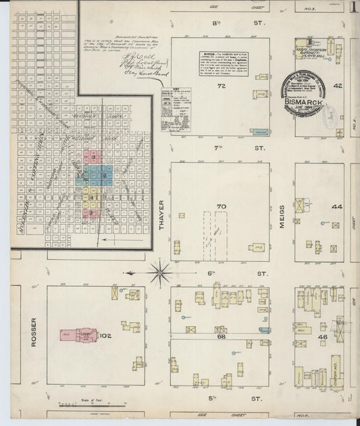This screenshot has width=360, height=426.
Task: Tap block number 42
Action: coord(336,86)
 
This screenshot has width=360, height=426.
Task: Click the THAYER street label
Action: coord(162,218)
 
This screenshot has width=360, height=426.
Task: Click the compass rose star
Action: coord(159,273)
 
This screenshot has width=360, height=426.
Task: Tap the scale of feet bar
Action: coord(76,405)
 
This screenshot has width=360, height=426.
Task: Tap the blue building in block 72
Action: coord(259,131)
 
